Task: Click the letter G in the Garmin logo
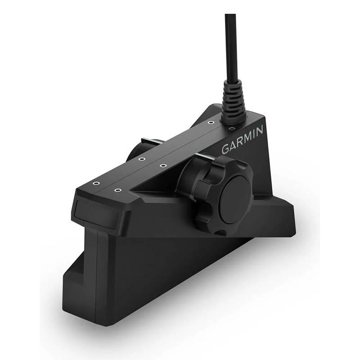click(x=225, y=149)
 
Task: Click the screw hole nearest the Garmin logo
click(x=233, y=129)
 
